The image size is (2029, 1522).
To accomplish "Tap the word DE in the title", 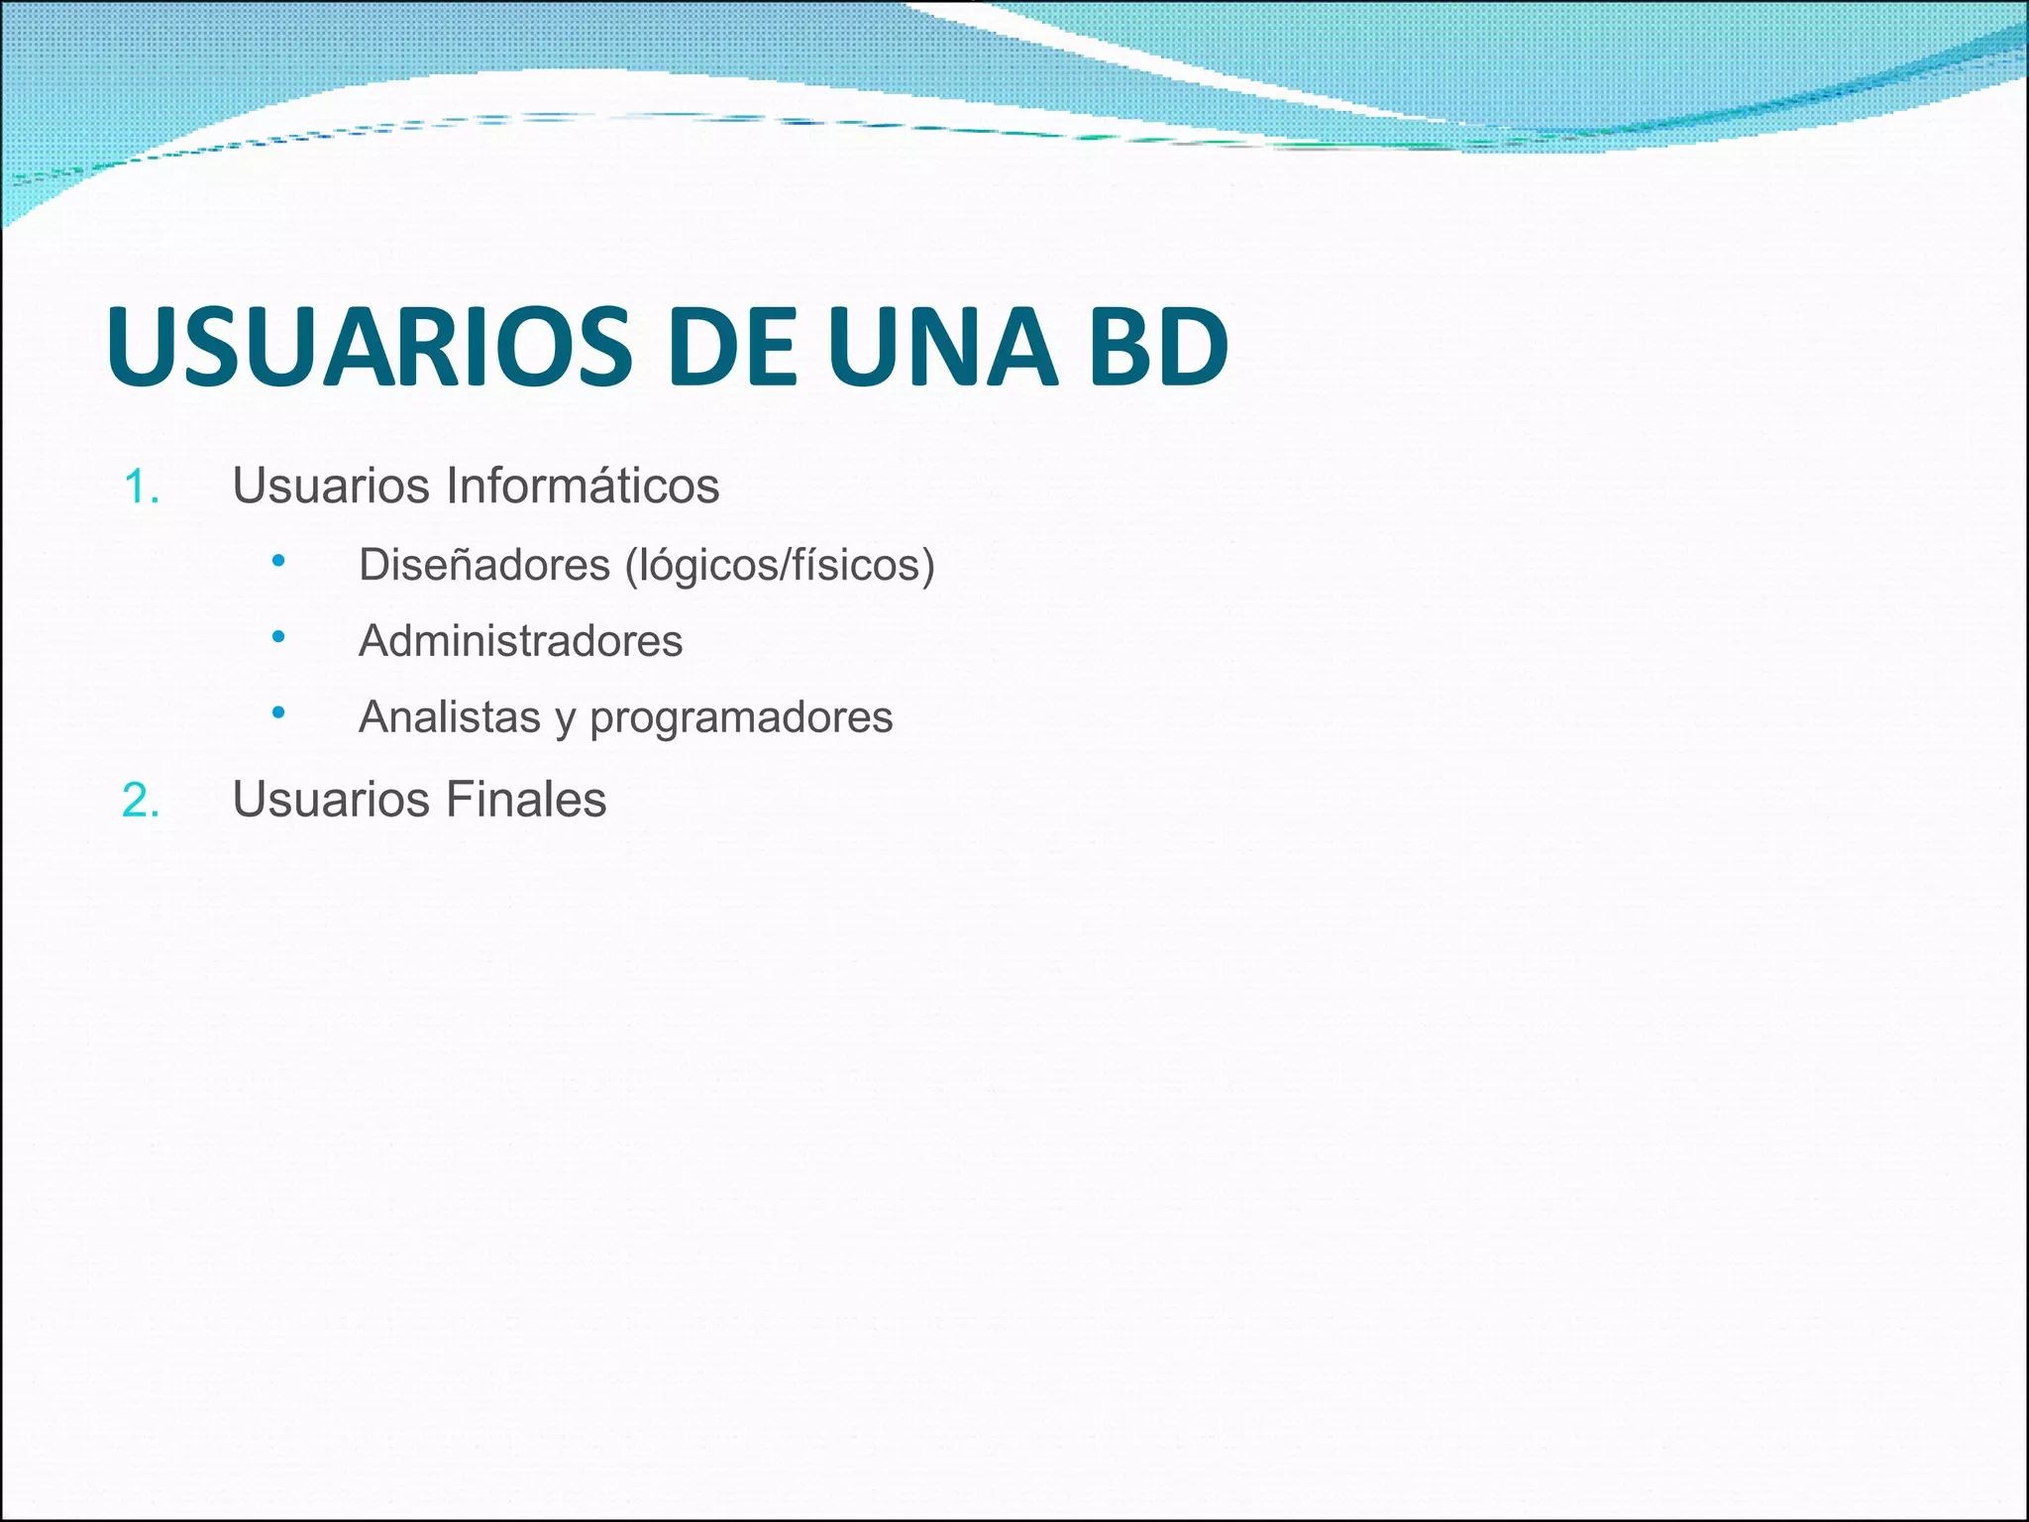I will point(731,347).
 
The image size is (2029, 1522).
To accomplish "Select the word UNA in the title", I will point(942,347).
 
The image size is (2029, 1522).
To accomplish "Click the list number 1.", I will point(141,488).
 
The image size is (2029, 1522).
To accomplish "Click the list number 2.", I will point(141,801).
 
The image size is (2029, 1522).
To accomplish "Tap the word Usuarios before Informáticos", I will point(331,487).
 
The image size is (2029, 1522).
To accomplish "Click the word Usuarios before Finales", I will point(331,800).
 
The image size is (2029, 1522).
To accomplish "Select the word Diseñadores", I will point(484,565).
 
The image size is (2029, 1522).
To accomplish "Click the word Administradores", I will point(520,641).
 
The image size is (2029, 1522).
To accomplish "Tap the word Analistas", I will point(450,717).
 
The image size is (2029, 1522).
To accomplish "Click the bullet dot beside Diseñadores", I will point(278,561).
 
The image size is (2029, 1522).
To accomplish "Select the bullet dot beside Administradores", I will point(278,636).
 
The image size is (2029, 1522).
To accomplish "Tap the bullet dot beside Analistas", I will point(278,712).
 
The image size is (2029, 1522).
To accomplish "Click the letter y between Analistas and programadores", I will point(565,721).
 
